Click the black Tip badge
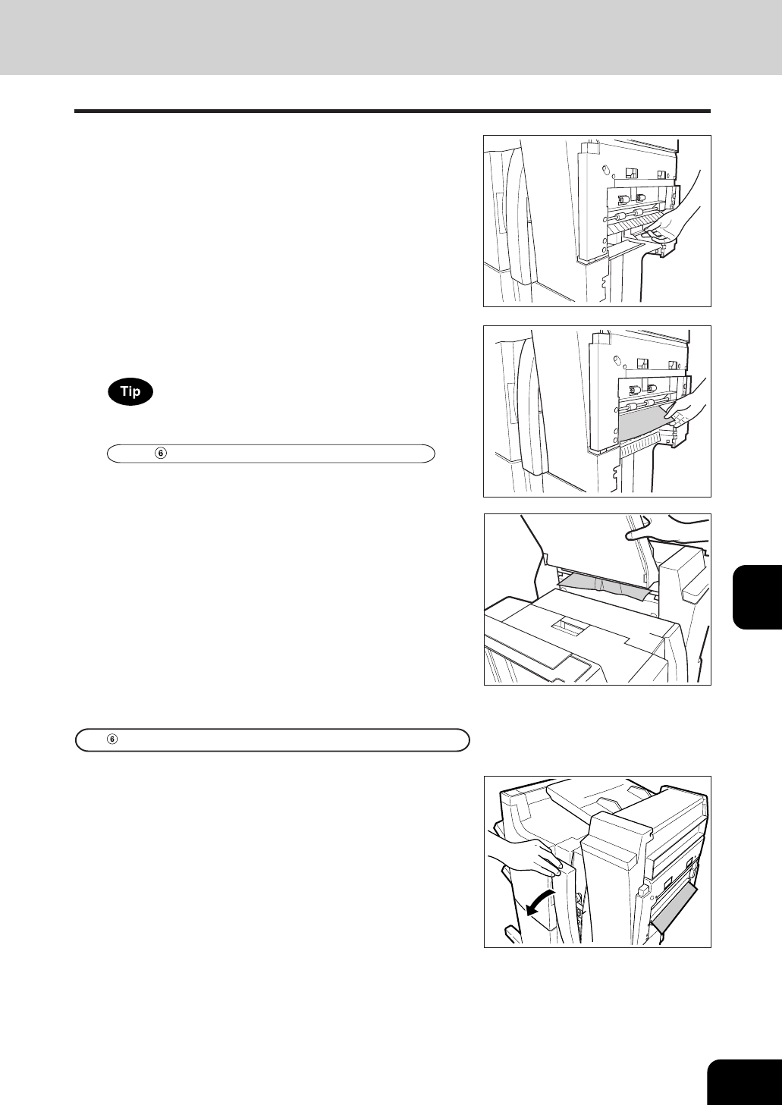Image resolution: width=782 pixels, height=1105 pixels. (130, 391)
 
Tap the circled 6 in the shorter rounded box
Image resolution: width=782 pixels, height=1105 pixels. (161, 454)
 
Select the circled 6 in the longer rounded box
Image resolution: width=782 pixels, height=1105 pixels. (112, 739)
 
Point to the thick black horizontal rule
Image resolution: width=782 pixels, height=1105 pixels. (392, 111)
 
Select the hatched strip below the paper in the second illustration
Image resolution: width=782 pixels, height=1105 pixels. (642, 448)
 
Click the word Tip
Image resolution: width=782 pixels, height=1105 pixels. (130, 391)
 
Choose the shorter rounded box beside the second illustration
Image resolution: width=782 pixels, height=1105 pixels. (271, 454)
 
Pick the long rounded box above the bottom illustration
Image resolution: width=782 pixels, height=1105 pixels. (272, 739)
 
